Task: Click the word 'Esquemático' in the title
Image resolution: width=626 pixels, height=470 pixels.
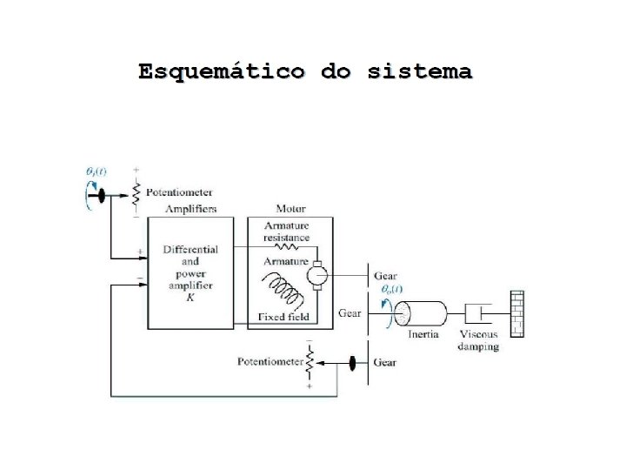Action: click(222, 71)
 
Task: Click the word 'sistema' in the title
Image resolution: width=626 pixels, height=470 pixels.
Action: click(420, 71)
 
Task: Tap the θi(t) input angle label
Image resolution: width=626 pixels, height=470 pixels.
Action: click(96, 171)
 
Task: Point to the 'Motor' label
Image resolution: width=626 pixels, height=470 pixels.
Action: click(291, 209)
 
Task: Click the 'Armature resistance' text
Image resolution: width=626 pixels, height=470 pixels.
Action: click(286, 232)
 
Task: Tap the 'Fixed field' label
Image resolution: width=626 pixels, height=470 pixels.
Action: click(283, 317)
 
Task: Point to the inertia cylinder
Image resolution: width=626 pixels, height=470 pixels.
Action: click(423, 312)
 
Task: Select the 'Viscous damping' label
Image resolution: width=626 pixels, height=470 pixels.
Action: click(479, 340)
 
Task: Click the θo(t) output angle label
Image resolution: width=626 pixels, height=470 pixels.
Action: click(391, 289)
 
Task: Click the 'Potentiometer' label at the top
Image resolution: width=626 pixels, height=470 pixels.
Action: click(179, 191)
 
